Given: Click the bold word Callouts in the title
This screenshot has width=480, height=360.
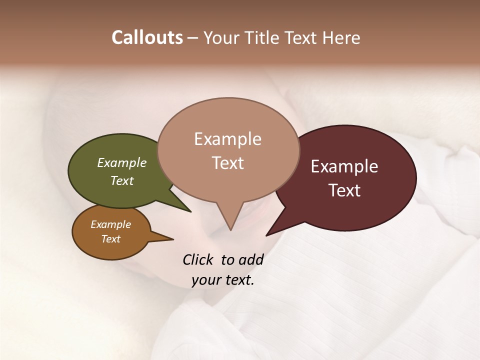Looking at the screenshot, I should pos(147,37).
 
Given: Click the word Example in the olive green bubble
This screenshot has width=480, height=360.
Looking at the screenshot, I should pos(122,162).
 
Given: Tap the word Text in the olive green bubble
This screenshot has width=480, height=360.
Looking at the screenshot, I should pos(122,180).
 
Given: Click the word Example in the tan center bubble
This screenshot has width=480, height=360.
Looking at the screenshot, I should pos(227,139).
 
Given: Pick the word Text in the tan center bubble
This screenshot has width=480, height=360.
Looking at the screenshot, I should pos(227,163).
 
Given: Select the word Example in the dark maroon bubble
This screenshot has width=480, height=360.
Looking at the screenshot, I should pos(344,166).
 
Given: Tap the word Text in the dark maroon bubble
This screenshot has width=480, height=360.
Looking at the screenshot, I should pos(344,190).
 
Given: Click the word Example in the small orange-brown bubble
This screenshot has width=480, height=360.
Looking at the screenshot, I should pos(110,224).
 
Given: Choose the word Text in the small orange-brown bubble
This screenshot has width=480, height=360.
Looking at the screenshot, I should pos(110,239).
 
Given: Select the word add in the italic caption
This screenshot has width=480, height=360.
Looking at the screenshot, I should pos(251,259).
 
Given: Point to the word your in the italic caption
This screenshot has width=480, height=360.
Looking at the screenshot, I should pos(205,280).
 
